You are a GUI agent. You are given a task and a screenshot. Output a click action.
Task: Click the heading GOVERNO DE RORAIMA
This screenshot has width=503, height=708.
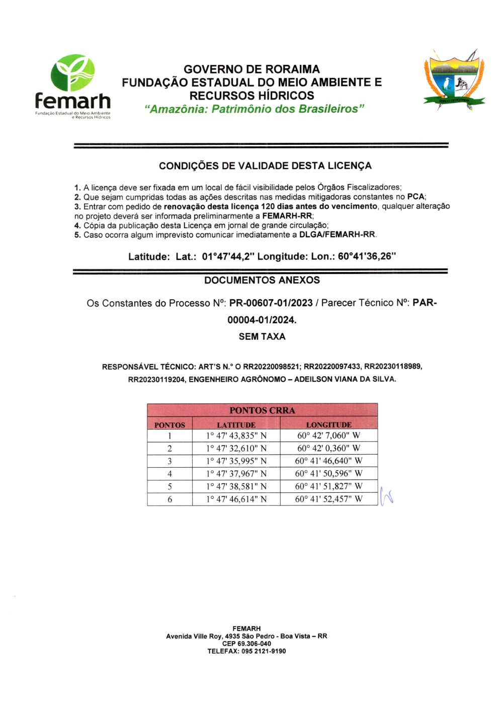[251, 69]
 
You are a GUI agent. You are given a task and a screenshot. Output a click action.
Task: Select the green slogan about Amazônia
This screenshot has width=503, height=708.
[254, 109]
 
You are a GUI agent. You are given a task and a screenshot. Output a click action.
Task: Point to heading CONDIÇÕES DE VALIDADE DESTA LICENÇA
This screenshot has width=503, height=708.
[265, 166]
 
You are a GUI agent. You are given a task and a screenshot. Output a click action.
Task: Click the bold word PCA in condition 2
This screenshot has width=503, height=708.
[415, 197]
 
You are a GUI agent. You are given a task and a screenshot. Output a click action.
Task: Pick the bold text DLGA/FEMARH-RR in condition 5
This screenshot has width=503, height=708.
[337, 235]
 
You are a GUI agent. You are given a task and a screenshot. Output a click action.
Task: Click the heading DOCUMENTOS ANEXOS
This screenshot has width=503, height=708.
[262, 280]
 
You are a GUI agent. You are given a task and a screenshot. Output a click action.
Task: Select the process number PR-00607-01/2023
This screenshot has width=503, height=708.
[271, 303]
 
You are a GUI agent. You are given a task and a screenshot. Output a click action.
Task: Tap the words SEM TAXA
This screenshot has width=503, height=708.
[262, 336]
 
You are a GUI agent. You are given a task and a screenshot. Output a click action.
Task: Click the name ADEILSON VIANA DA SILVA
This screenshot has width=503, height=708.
[345, 379]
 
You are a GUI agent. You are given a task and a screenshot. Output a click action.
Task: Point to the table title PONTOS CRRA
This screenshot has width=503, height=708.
[262, 410]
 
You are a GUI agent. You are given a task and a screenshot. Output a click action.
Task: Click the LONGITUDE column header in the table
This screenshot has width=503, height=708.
[328, 425]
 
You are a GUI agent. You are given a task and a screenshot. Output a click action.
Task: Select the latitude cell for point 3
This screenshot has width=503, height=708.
[236, 461]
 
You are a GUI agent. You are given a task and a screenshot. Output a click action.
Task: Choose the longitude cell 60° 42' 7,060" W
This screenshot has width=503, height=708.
[328, 435]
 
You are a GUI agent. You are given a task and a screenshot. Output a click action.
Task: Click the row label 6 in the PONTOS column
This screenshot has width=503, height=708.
[170, 499]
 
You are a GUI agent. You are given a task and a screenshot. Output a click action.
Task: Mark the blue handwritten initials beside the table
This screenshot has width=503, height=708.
[386, 496]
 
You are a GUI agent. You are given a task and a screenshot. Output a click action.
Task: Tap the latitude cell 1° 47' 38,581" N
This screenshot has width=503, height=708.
[236, 486]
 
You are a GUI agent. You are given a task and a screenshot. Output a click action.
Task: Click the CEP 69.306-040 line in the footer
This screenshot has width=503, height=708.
[246, 644]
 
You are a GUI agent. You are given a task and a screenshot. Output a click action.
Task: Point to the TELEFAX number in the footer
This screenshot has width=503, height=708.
[246, 651]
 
